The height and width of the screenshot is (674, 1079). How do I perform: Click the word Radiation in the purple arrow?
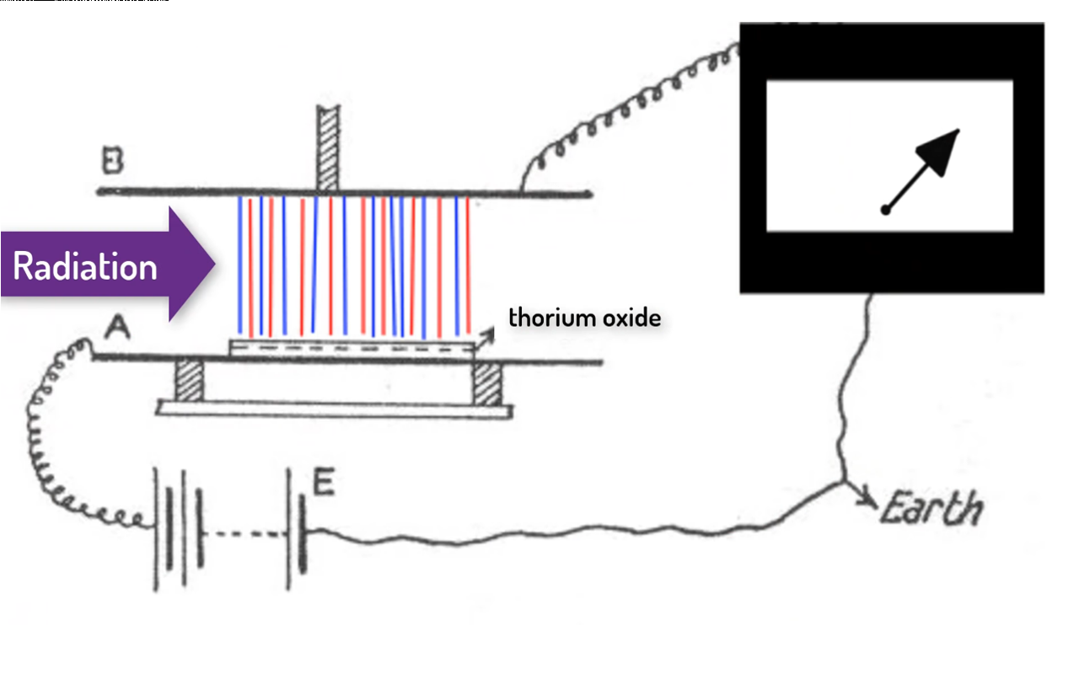[x=85, y=267]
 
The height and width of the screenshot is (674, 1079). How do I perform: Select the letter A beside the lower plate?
[x=111, y=334]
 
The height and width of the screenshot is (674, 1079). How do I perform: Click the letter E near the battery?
[x=324, y=484]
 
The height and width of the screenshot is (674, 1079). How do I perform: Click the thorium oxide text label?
[x=584, y=318]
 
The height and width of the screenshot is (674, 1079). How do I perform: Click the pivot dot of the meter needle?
[x=885, y=209]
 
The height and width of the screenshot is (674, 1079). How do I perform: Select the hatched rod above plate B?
[x=326, y=147]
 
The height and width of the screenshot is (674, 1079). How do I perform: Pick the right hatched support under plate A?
[x=486, y=383]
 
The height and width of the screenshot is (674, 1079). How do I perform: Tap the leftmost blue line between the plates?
[x=240, y=264]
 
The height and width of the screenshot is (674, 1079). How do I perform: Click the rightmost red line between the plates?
[x=467, y=264]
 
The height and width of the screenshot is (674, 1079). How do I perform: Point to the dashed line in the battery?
[x=244, y=532]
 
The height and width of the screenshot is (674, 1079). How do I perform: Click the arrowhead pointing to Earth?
[x=867, y=500]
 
